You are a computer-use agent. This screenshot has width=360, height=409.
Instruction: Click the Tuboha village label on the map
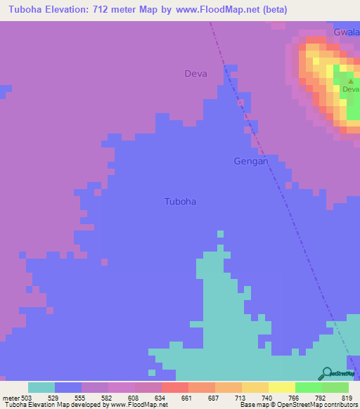click(x=179, y=202)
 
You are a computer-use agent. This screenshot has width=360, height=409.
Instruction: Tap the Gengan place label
click(x=250, y=161)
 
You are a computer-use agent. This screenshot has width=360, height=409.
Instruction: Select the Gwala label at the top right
click(x=346, y=32)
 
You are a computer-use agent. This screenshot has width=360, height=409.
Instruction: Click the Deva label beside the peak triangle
click(x=350, y=89)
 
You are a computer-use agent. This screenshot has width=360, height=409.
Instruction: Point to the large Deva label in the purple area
click(x=195, y=73)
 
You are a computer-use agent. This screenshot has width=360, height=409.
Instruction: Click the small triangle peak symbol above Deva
click(x=350, y=81)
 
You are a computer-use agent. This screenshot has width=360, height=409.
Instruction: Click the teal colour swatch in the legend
click(x=41, y=387)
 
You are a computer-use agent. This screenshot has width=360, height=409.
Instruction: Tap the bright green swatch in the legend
click(x=308, y=387)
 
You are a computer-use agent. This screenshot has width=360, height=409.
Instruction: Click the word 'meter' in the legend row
click(x=11, y=398)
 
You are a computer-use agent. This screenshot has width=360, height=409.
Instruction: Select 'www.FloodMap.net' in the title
click(x=211, y=9)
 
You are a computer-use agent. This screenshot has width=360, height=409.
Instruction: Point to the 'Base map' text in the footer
click(x=255, y=405)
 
